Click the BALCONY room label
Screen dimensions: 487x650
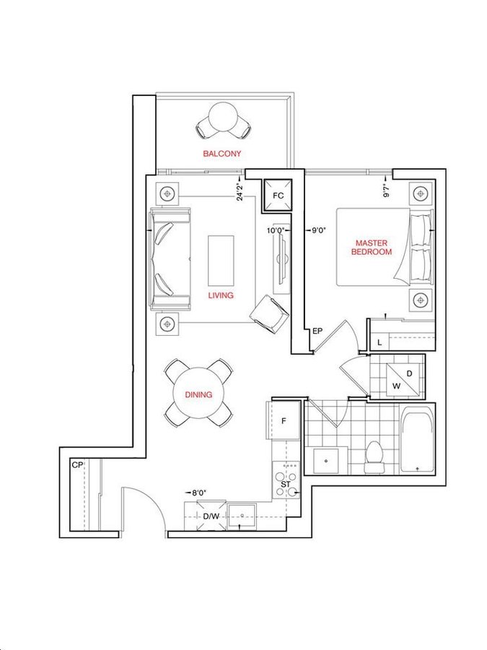pos(221,153)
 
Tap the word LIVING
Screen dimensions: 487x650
pos(221,295)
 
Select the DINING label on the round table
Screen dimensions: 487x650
pos(198,394)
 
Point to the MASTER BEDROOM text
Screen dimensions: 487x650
pos(372,247)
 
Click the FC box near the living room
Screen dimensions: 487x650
pos(278,195)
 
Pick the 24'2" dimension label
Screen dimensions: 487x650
pos(240,192)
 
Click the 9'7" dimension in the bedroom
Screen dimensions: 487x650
pos(387,190)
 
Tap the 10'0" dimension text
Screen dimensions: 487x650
pos(275,230)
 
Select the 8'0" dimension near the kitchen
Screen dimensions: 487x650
pos(199,493)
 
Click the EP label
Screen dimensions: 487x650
pos(317,331)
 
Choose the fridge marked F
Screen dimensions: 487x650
pos(284,421)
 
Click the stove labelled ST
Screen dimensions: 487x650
pos(286,480)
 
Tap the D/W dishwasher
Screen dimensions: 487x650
pos(211,516)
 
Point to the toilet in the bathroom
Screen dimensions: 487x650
pos(374,457)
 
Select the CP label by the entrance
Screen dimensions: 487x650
pos(77,465)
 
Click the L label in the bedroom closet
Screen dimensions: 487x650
pos(379,343)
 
